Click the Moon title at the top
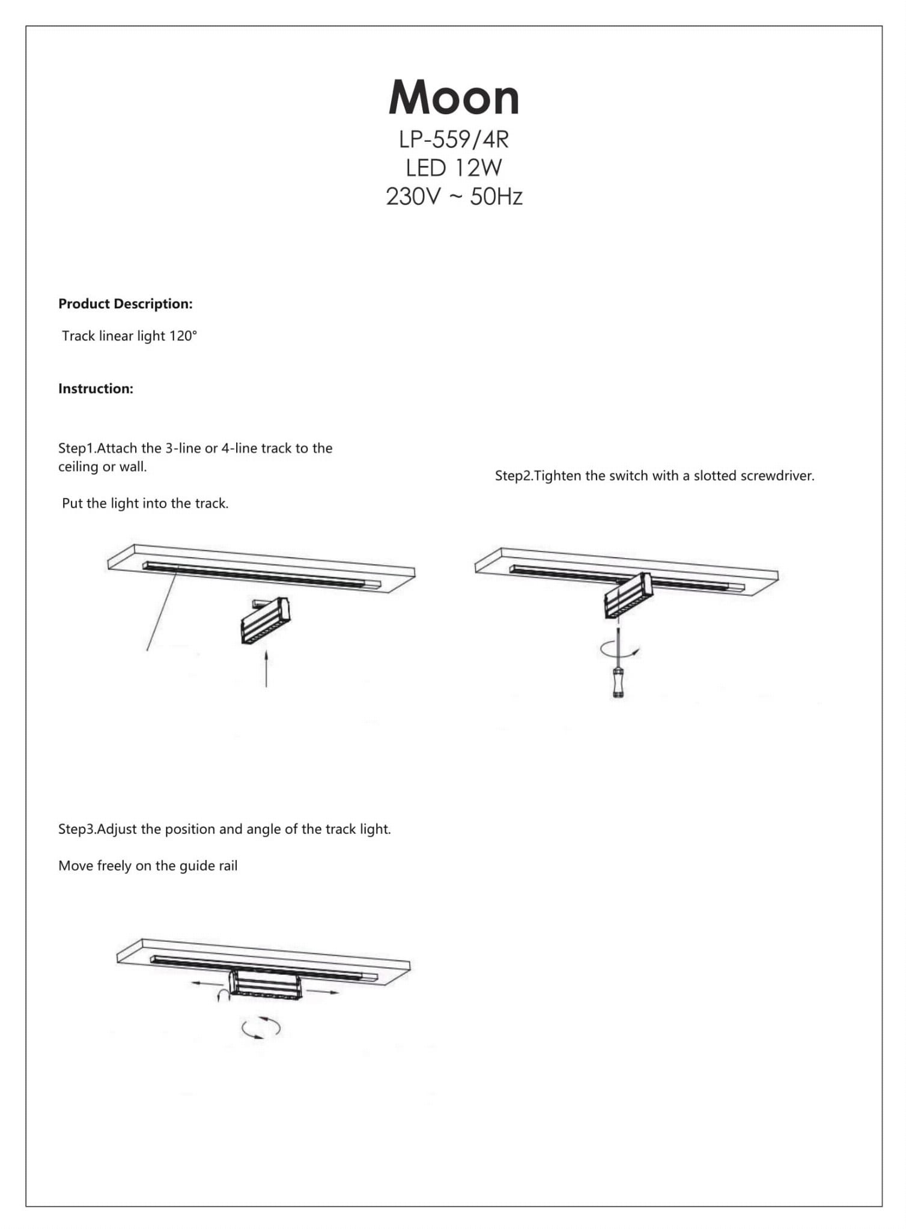click(454, 98)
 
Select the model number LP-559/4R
click(454, 140)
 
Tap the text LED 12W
click(454, 168)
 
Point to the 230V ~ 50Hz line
click(454, 197)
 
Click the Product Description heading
click(125, 304)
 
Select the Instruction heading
click(96, 389)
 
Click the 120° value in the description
click(183, 336)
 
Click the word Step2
click(514, 476)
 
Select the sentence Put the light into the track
click(145, 503)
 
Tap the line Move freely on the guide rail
click(148, 866)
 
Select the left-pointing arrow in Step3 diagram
click(204, 983)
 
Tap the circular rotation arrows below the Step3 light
click(261, 1028)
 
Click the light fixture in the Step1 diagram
click(265, 621)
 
